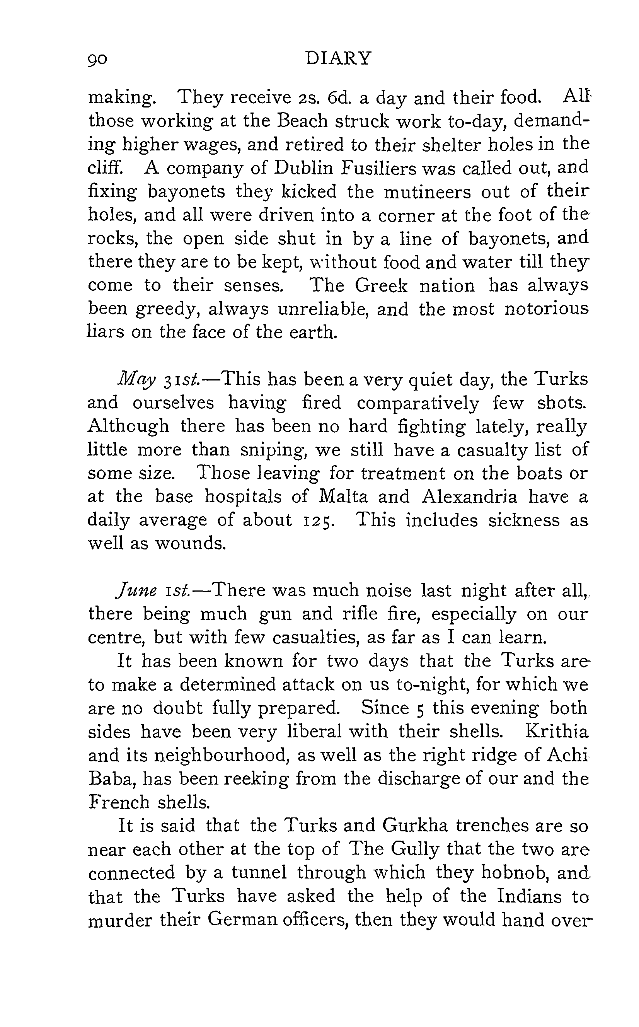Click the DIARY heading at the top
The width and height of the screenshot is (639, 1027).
(339, 58)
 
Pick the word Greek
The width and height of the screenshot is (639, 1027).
(381, 286)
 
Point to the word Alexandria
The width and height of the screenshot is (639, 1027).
(469, 496)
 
